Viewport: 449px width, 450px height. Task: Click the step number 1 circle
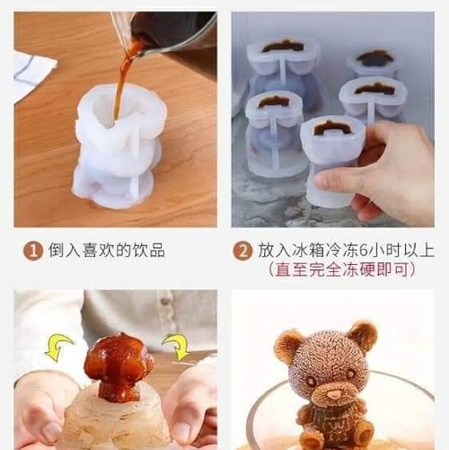tap(32, 251)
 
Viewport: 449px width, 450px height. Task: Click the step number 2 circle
tap(242, 251)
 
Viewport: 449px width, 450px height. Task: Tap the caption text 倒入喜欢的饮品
tap(107, 251)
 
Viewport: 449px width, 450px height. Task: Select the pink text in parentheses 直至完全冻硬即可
tap(342, 269)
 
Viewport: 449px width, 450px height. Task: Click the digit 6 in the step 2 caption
tap(363, 251)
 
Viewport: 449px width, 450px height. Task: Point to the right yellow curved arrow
tap(176, 347)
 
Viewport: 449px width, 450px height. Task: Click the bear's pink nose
tap(334, 394)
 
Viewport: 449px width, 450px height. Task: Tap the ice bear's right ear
tap(364, 335)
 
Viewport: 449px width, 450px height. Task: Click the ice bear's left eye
tap(312, 382)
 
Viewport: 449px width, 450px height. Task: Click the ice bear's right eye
tap(350, 374)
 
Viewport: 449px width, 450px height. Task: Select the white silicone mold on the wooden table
tap(119, 146)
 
